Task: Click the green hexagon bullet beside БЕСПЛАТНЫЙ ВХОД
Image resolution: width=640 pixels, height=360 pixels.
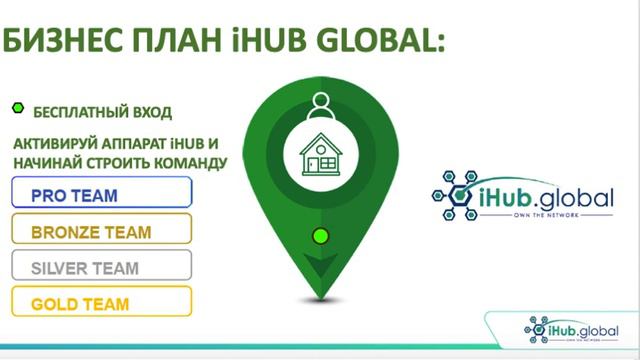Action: (x=16, y=109)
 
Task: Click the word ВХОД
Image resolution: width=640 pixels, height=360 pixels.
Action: (x=151, y=111)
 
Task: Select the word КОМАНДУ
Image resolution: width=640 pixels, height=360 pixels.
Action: (x=189, y=162)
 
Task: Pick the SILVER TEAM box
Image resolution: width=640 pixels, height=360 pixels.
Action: (x=101, y=266)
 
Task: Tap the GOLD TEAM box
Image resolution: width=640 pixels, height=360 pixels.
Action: (x=101, y=302)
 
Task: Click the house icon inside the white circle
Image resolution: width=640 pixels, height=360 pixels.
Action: (x=320, y=156)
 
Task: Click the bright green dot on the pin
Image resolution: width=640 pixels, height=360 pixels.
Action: (x=320, y=237)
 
